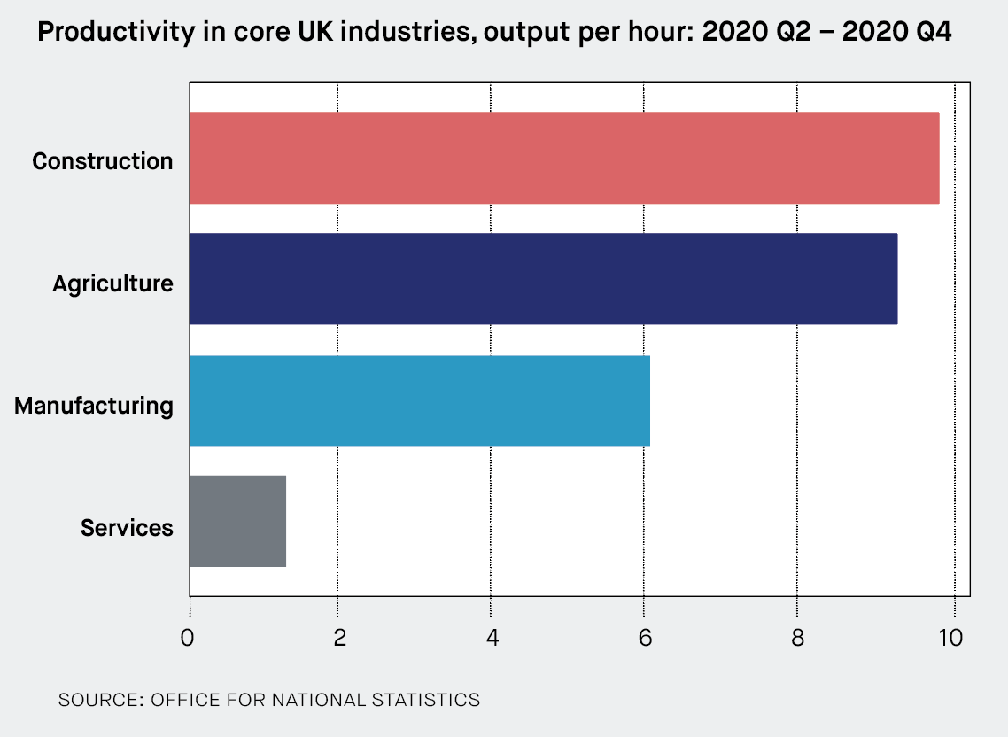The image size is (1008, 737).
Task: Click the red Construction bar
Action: [564, 159]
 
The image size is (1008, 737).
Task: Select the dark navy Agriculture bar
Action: [543, 279]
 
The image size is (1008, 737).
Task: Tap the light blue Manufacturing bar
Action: [420, 401]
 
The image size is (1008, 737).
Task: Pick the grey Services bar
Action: [237, 521]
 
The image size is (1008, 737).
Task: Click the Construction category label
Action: [103, 161]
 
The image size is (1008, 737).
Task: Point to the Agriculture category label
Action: [112, 283]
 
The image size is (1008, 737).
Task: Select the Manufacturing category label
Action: [94, 406]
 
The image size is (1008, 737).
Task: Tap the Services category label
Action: [127, 528]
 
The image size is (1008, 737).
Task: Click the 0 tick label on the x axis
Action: [188, 639]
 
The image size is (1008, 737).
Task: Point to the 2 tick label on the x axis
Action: [339, 639]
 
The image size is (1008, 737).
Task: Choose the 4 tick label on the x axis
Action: [492, 639]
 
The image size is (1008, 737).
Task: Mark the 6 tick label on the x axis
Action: [644, 639]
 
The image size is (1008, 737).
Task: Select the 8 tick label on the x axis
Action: [797, 639]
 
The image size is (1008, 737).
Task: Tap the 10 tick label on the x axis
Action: [951, 639]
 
